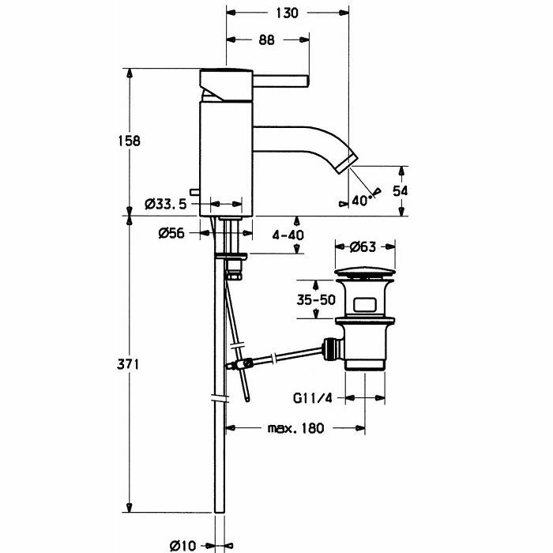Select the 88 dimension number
click(x=266, y=41)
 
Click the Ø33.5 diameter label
click(x=166, y=204)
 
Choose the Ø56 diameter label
click(x=171, y=233)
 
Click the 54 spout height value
click(x=401, y=191)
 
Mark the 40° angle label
click(x=361, y=200)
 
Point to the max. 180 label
click(x=295, y=429)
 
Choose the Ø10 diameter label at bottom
click(x=184, y=544)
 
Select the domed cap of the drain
click(x=365, y=273)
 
